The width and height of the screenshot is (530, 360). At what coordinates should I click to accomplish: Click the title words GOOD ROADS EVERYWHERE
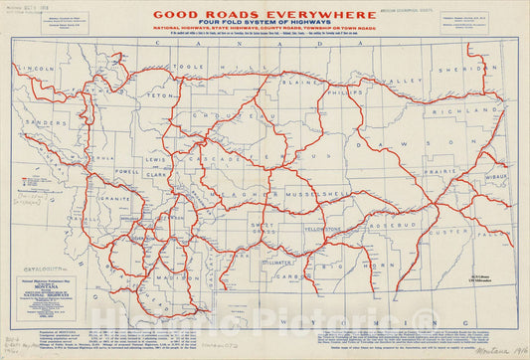(x=265, y=15)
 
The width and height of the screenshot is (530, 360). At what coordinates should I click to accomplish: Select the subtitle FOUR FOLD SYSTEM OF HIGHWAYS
(x=265, y=28)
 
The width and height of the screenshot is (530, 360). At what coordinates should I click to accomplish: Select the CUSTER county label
(x=448, y=231)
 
